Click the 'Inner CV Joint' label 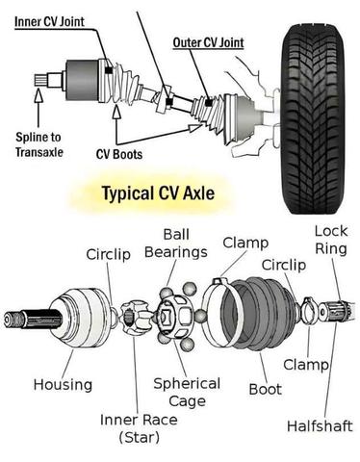(49, 22)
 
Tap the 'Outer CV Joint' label (208, 42)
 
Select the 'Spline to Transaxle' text (39, 144)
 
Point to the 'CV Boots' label (119, 154)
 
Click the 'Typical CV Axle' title (158, 193)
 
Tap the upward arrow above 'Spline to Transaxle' (39, 107)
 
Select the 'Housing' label (63, 384)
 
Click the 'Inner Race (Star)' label (139, 428)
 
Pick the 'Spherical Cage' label (187, 392)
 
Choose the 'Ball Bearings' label (176, 244)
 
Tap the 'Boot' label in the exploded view (266, 389)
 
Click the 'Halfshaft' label (320, 426)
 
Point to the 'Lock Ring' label (331, 240)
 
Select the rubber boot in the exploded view (263, 315)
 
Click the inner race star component (135, 317)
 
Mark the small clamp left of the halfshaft (309, 311)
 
